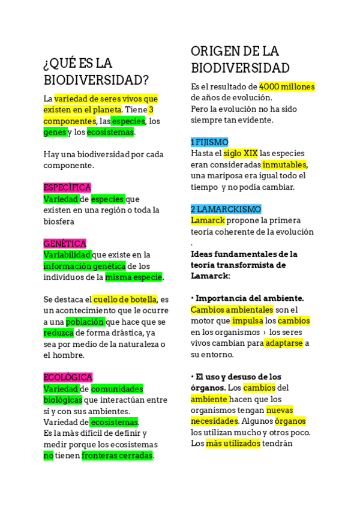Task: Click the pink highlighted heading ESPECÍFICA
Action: pos(67,187)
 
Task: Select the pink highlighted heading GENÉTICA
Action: pos(65,243)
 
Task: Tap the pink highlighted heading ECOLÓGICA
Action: pos(68,377)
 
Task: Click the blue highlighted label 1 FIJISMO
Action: pos(209,142)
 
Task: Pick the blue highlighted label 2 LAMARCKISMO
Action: pos(226,209)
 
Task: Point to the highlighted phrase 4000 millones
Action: pos(287,86)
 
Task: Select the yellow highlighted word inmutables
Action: pos(284,164)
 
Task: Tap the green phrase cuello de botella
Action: pos(125,299)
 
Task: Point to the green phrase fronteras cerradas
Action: pos(118,455)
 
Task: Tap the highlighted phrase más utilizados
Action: pos(233,443)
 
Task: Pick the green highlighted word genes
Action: pos(55,132)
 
